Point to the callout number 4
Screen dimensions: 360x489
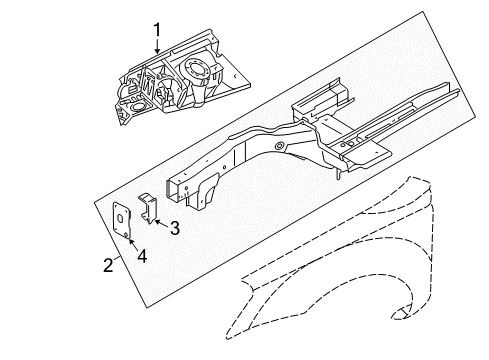point(142,257)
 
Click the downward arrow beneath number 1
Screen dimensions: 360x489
point(156,46)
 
